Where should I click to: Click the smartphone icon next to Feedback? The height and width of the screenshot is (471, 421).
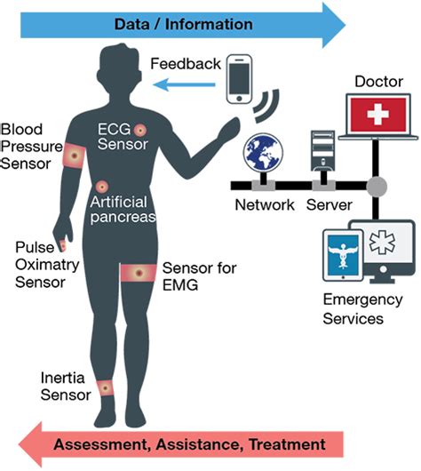pos(241,81)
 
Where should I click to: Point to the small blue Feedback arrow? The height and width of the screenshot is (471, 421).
pos(186,84)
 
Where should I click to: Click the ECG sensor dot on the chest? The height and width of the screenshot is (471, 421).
pos(139,131)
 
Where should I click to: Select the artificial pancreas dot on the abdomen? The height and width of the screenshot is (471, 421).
pos(103,188)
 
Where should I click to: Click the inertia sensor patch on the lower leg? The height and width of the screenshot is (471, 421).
pos(106,387)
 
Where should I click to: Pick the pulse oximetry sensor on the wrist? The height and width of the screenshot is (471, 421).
pos(63,245)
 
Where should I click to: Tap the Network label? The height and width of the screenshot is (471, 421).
pos(263,204)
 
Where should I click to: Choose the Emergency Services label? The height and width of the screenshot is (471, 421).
pos(353,307)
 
